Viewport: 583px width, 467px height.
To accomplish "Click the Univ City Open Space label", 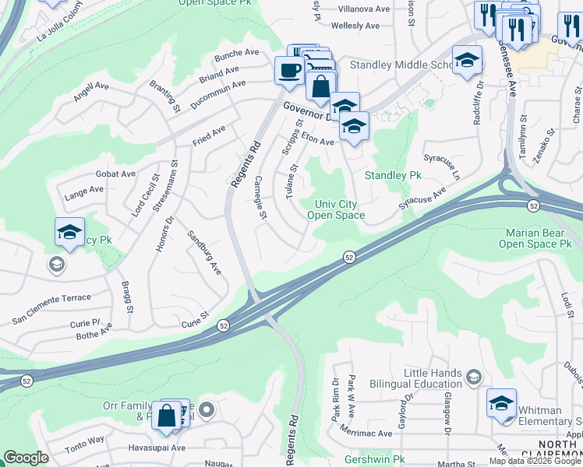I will (336, 209).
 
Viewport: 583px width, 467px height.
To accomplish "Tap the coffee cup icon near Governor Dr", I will (289, 71).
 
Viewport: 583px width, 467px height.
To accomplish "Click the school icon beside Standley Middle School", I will (467, 60).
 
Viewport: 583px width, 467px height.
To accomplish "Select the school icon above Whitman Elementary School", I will (501, 403).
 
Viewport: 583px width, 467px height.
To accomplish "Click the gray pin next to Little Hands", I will (473, 378).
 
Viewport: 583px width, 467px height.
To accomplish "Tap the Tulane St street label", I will (293, 181).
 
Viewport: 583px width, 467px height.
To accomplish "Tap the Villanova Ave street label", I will (363, 9).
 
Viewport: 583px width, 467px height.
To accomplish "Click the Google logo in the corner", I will (26, 458).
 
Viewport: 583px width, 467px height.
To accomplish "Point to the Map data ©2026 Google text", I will (535, 461).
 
